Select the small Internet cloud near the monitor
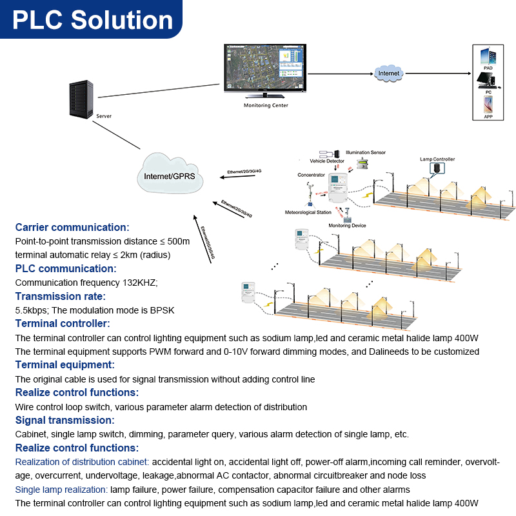[x=389, y=74]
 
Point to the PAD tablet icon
[x=488, y=57]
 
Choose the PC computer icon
[x=488, y=81]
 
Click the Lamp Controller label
[x=437, y=159]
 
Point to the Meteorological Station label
[x=308, y=212]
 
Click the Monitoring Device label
[x=348, y=226]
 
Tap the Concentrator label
[x=311, y=175]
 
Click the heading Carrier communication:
[x=72, y=227]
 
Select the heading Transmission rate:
[x=60, y=296]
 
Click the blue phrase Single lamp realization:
[x=62, y=490]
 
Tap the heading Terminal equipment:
[x=64, y=365]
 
